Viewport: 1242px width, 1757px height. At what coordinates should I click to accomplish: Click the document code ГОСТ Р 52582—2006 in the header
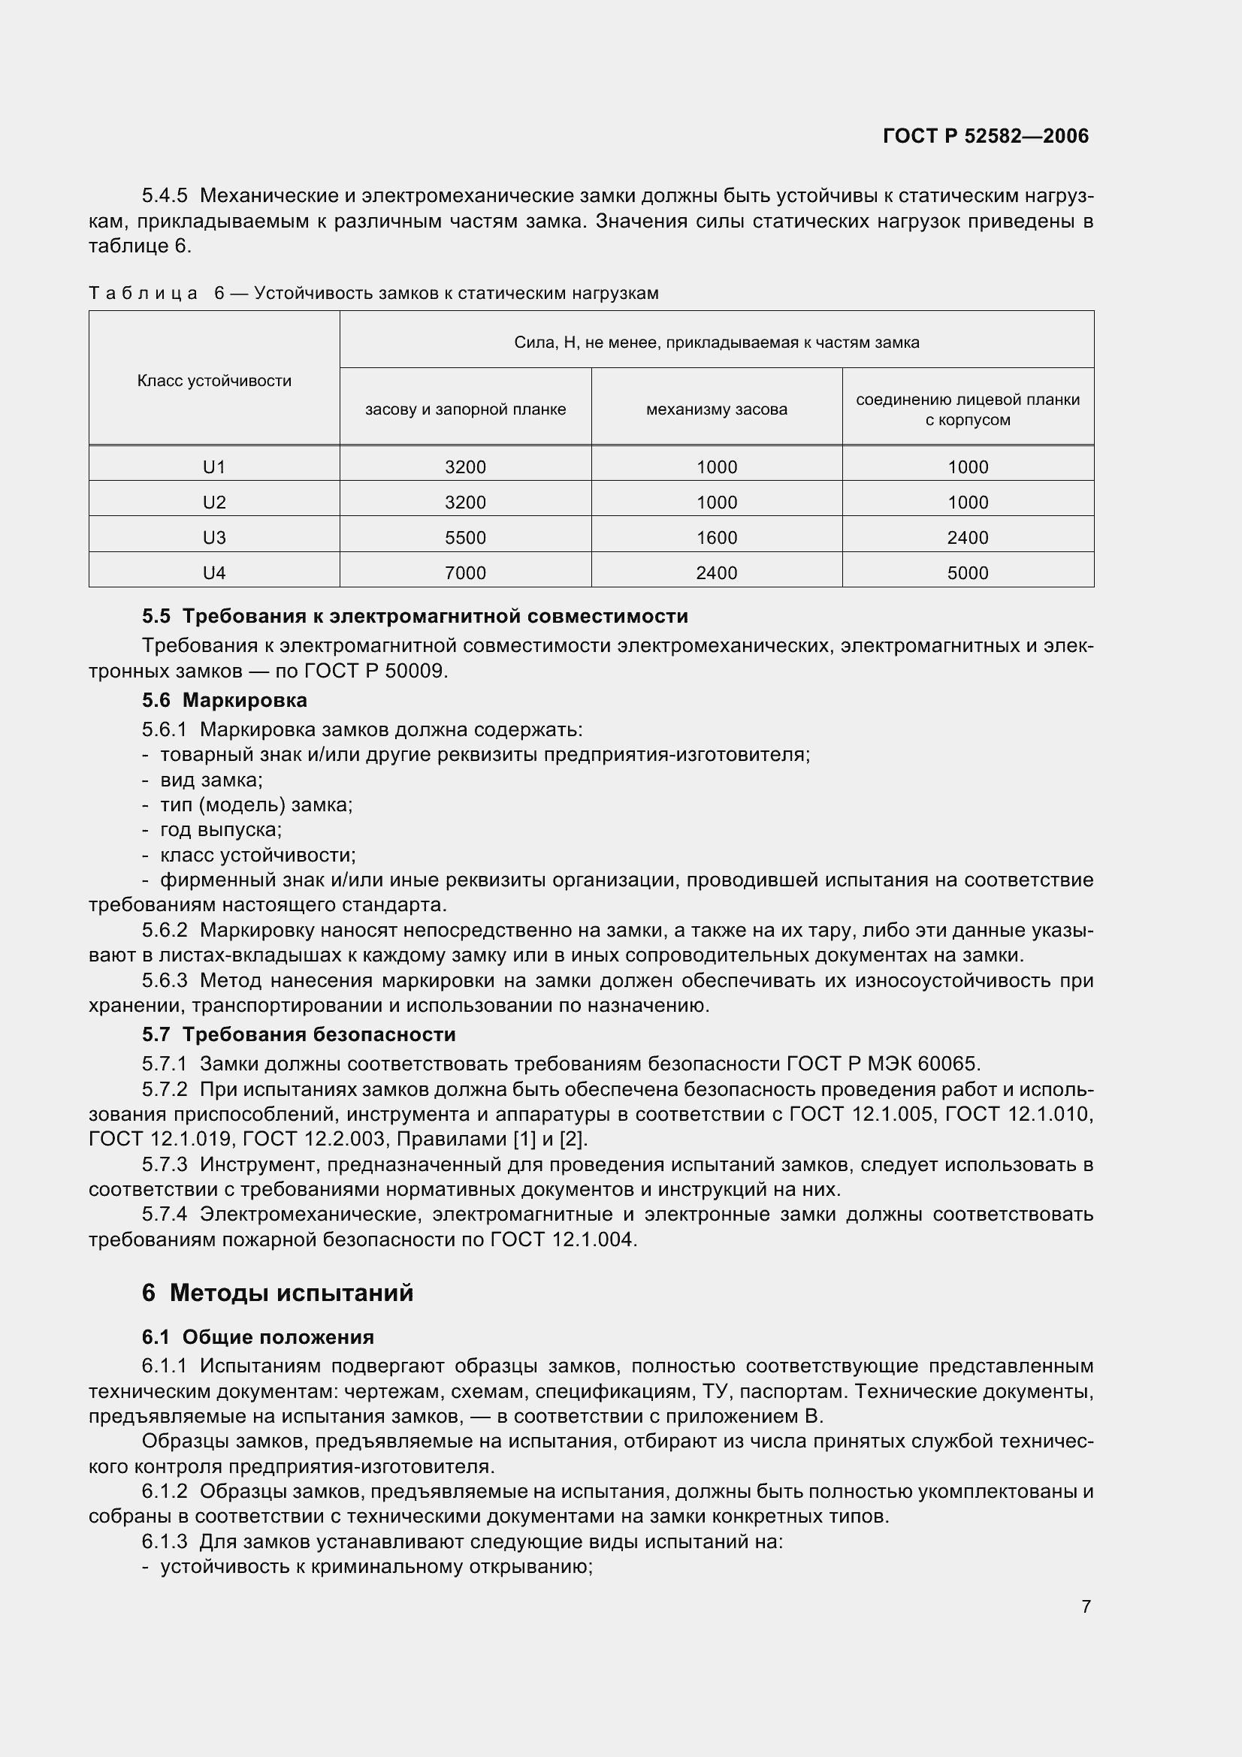(x=985, y=136)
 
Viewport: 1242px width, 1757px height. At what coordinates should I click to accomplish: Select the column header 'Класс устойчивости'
(x=214, y=381)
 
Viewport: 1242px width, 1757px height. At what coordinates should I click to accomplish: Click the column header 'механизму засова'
(x=716, y=409)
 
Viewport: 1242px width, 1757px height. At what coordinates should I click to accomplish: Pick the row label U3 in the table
(x=214, y=538)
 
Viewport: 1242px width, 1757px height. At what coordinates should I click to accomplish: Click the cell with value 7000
(x=465, y=573)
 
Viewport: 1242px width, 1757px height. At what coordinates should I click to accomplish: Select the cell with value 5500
(x=465, y=538)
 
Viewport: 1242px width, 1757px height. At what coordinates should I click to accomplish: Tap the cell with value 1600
(x=716, y=538)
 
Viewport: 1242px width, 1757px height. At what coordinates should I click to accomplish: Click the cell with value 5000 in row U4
(x=967, y=573)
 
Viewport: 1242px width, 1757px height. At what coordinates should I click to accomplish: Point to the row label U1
(x=214, y=466)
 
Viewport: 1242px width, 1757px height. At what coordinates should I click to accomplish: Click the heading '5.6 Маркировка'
(x=224, y=700)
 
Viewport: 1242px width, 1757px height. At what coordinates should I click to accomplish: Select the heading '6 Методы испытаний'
(x=277, y=1293)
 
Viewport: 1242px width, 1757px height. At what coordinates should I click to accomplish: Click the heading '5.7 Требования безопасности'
(x=298, y=1034)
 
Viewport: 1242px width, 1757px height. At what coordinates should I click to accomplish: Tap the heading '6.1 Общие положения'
(x=258, y=1337)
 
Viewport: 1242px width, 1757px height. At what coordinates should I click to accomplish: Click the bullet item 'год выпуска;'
(x=220, y=829)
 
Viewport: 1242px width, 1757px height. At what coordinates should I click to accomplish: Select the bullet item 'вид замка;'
(x=211, y=780)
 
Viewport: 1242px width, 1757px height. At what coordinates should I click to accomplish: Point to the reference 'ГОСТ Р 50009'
(x=373, y=671)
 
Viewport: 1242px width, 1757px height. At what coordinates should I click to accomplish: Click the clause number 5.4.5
(x=164, y=196)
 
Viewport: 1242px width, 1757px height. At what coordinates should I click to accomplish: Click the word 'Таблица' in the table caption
(x=143, y=293)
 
